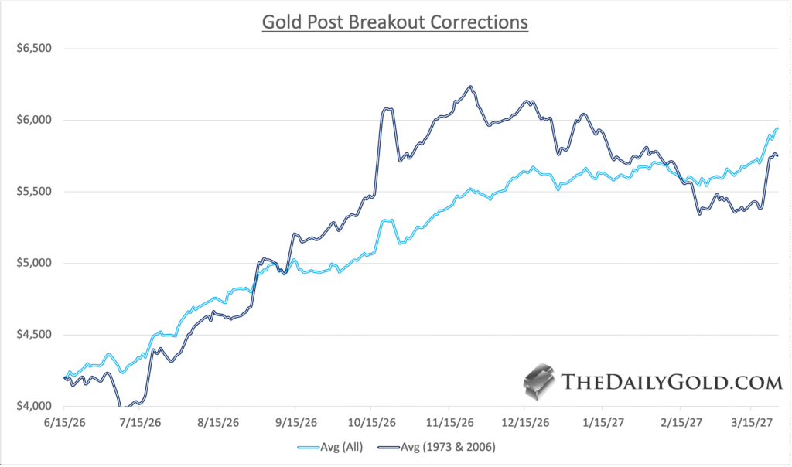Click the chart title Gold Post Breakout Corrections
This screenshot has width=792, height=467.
tap(395, 22)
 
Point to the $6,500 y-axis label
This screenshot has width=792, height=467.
tap(33, 48)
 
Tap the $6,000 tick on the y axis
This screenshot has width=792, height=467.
tap(33, 120)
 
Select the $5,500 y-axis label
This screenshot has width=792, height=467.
tap(33, 192)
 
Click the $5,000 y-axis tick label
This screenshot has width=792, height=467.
tap(33, 263)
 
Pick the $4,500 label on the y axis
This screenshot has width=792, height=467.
tap(33, 335)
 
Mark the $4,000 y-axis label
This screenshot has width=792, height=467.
tap(33, 406)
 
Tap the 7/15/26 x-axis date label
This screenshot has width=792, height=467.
tap(141, 424)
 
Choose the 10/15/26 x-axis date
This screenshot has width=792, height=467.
tap(371, 424)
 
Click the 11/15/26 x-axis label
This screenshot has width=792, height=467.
tap(449, 424)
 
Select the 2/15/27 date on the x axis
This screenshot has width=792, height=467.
tap(680, 424)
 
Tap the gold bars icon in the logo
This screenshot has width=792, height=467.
tap(540, 381)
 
